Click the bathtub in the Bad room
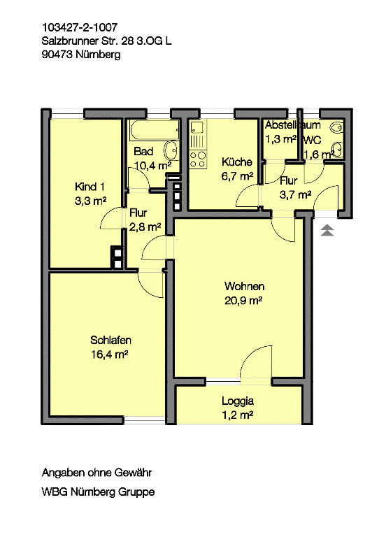(155, 130)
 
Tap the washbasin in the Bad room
(171, 150)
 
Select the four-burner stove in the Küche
(198, 159)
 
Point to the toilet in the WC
(336, 128)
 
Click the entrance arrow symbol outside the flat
(327, 230)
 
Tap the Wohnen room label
(244, 286)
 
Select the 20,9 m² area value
(243, 301)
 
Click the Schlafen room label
(110, 340)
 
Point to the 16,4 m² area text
(109, 354)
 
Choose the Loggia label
(237, 401)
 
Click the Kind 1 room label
(90, 187)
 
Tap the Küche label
(236, 162)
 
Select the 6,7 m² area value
(237, 176)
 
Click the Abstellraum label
(293, 124)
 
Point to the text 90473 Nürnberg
(81, 55)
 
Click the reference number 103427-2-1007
(80, 27)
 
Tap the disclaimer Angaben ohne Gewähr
(96, 473)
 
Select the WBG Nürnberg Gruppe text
(98, 492)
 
